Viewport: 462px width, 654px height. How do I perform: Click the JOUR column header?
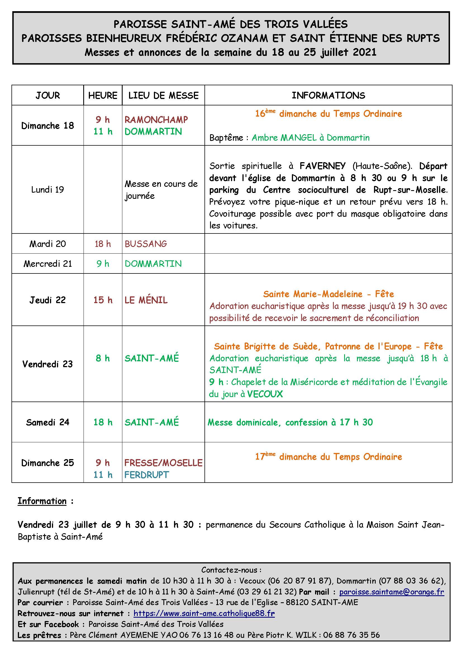pyautogui.click(x=47, y=95)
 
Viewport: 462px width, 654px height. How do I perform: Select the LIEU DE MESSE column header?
pyautogui.click(x=163, y=95)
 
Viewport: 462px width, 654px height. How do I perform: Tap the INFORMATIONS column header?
pyautogui.click(x=328, y=95)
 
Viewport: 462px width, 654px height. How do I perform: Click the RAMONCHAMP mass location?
pyautogui.click(x=156, y=120)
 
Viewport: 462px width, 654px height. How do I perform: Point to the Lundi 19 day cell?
pyautogui.click(x=47, y=189)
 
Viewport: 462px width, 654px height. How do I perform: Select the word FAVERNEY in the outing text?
pyautogui.click(x=323, y=166)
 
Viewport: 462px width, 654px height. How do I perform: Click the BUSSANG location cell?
pyautogui.click(x=146, y=244)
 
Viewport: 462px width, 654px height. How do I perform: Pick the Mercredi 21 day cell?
pyautogui.click(x=47, y=264)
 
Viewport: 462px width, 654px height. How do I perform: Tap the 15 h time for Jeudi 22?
pyautogui.click(x=103, y=300)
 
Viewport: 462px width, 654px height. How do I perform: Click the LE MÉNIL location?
pyautogui.click(x=146, y=300)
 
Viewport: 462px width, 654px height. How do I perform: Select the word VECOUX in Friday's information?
pyautogui.click(x=265, y=394)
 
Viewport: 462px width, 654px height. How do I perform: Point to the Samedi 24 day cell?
pyautogui.click(x=47, y=422)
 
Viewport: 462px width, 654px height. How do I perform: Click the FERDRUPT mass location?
pyautogui.click(x=147, y=475)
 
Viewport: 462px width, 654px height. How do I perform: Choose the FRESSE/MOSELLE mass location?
pyautogui.click(x=163, y=463)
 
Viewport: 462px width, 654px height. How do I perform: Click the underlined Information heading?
pyautogui.click(x=42, y=501)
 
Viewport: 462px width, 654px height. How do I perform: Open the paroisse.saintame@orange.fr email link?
pyautogui.click(x=391, y=592)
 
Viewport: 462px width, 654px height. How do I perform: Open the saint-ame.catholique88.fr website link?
pyautogui.click(x=204, y=613)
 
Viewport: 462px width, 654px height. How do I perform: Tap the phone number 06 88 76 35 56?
pyautogui.click(x=351, y=635)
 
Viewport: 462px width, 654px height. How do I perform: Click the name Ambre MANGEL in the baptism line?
pyautogui.click(x=284, y=138)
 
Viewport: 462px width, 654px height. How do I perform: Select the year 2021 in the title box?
pyautogui.click(x=365, y=52)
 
